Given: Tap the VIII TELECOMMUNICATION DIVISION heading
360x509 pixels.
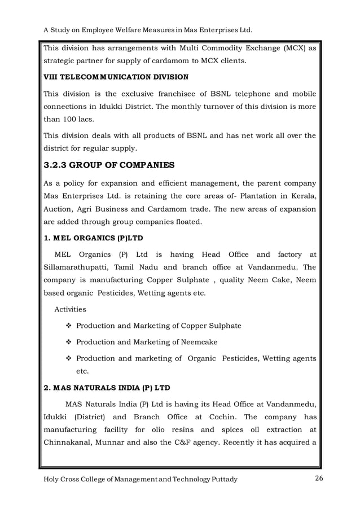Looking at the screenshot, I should [x=116, y=76].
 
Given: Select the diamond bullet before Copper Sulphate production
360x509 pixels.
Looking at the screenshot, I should [x=69, y=326].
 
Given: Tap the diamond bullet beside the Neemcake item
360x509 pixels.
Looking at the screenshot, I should [x=69, y=342].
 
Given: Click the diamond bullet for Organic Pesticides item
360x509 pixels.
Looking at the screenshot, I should [x=69, y=358].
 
